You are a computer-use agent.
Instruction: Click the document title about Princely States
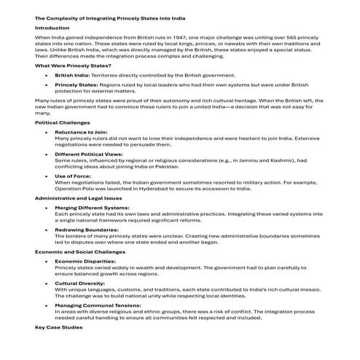[101, 15]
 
